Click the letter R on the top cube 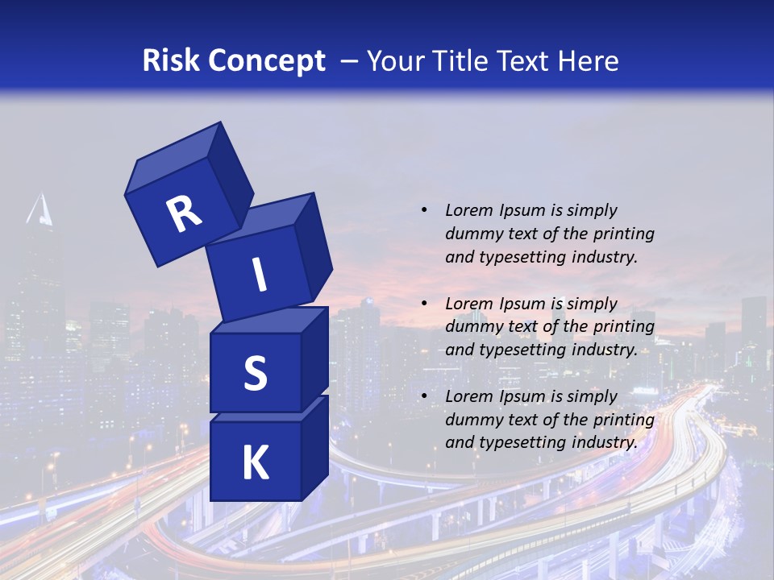pyautogui.click(x=184, y=214)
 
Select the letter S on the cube pyautogui.click(x=255, y=373)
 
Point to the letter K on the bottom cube pyautogui.click(x=255, y=463)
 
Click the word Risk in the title pyautogui.click(x=170, y=60)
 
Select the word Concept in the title pyautogui.click(x=265, y=61)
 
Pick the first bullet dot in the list pyautogui.click(x=424, y=210)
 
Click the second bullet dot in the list pyautogui.click(x=424, y=304)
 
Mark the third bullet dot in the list pyautogui.click(x=424, y=396)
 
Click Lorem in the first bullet pyautogui.click(x=468, y=210)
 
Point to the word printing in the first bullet pyautogui.click(x=625, y=234)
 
